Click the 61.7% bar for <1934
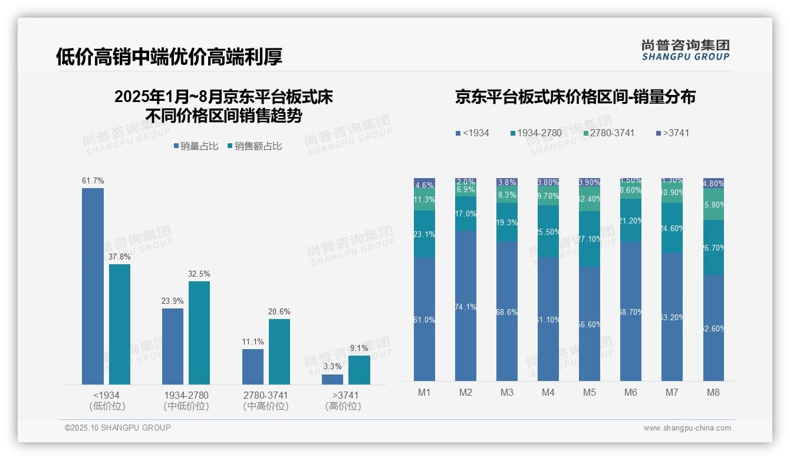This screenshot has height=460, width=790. pyautogui.click(x=93, y=286)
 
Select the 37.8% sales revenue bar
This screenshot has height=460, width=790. pyautogui.click(x=120, y=324)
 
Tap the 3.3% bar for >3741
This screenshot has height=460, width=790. pyautogui.click(x=333, y=379)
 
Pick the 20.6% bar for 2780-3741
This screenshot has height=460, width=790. pyautogui.click(x=279, y=351)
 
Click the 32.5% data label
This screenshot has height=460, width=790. pyautogui.click(x=199, y=274)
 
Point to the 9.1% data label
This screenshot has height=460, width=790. pyautogui.click(x=359, y=349)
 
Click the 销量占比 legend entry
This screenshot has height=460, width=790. pyautogui.click(x=195, y=146)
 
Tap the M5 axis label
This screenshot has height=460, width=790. pyautogui.click(x=590, y=393)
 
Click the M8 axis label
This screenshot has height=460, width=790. pyautogui.click(x=713, y=393)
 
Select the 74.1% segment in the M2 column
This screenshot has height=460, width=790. pyautogui.click(x=466, y=305)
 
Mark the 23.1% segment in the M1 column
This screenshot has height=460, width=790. pyautogui.click(x=424, y=234)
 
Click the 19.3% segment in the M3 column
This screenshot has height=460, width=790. pyautogui.click(x=507, y=223)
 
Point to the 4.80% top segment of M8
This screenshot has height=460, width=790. pyautogui.click(x=713, y=183)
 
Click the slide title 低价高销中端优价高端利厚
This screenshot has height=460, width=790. pyautogui.click(x=169, y=57)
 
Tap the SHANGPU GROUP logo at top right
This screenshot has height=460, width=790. pyautogui.click(x=685, y=50)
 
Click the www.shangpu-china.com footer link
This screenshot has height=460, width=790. pyautogui.click(x=687, y=428)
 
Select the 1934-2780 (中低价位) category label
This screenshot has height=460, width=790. pyautogui.click(x=186, y=400)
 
